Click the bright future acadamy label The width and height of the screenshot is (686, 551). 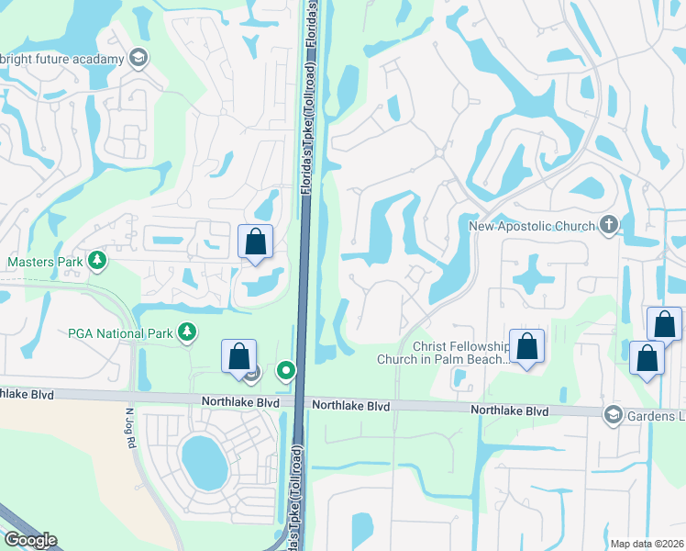point(62,60)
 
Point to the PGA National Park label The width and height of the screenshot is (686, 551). point(120,332)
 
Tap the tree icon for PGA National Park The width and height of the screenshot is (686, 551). point(187,332)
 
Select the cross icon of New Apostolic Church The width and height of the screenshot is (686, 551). point(608,225)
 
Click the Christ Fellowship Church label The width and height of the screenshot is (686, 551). point(444,353)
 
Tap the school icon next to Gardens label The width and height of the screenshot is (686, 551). point(612,415)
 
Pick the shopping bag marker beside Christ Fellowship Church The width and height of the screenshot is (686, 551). point(526,347)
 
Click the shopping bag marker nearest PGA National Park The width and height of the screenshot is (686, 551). point(238,357)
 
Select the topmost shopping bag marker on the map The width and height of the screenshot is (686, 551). point(256,243)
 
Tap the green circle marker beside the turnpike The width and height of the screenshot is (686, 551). point(287,371)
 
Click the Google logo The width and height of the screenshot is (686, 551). point(29,540)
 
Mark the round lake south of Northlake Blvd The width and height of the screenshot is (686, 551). point(204,462)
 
